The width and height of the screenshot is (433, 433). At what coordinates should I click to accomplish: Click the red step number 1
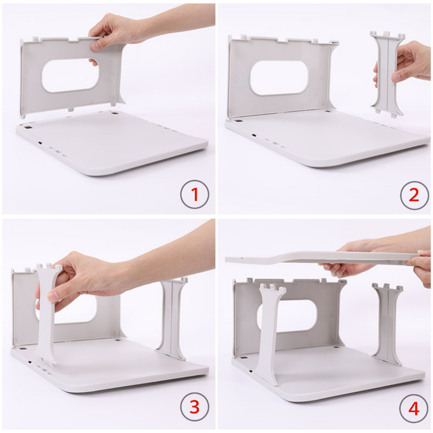[195, 194]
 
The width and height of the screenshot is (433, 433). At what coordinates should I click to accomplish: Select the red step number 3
[195, 407]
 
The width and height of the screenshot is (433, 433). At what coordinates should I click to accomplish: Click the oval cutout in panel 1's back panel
[71, 75]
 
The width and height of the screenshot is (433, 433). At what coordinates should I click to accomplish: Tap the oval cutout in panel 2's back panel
[279, 78]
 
